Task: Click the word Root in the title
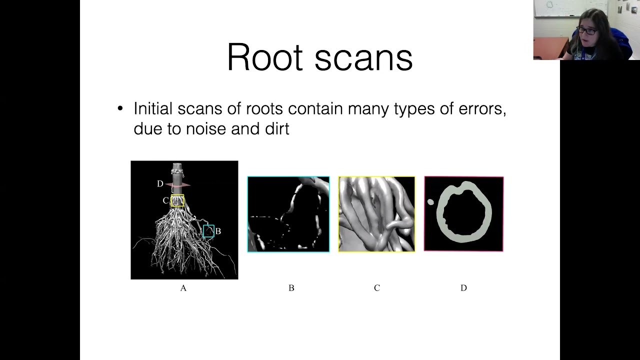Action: coord(266,57)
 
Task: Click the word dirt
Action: coord(275,129)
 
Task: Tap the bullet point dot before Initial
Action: coord(120,109)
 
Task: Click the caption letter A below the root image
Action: coord(183,288)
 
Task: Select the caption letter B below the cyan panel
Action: coord(291,288)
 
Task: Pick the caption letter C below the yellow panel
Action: coord(377,288)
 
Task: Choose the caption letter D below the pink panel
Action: coord(463,288)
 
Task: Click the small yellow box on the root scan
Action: coord(177,200)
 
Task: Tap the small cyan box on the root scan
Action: coord(208,231)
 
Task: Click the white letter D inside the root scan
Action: coord(160,184)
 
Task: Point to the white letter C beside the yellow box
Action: coord(165,200)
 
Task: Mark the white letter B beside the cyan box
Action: coord(218,231)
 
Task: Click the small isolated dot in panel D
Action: coord(430,202)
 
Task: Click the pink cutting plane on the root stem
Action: coord(179,185)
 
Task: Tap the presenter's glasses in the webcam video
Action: coord(588,31)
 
